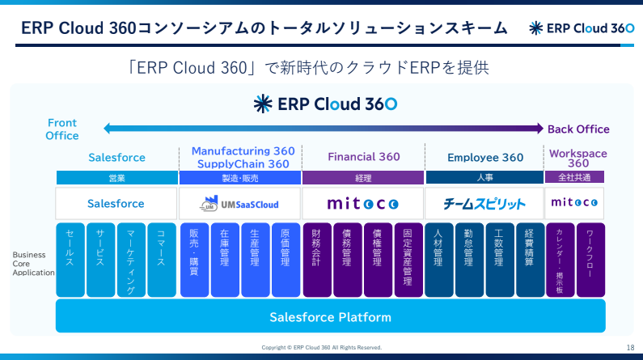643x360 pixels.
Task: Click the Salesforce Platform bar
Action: [331, 316]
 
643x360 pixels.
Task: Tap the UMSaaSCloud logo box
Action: [240, 203]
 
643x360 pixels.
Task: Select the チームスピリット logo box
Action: [484, 203]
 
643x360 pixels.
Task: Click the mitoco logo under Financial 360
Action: [363, 203]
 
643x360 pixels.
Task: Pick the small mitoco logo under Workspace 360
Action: [574, 202]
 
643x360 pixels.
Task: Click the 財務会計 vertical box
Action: [317, 260]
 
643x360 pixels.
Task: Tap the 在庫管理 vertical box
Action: [225, 260]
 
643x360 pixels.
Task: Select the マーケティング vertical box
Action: [131, 260]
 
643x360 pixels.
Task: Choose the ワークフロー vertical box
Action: [590, 260]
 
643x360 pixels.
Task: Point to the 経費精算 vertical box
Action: [530, 260]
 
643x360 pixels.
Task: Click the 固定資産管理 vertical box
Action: [408, 260]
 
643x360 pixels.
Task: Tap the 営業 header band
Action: [116, 178]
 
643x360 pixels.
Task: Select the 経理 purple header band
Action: [363, 178]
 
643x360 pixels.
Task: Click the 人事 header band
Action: [484, 177]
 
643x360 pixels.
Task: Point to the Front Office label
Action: [62, 129]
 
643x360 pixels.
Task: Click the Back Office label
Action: [578, 129]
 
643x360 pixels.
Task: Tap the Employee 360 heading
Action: [485, 158]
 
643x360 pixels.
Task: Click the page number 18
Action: [630, 348]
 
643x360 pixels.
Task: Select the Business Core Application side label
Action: [33, 264]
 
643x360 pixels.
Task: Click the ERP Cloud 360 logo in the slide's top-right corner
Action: [582, 28]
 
